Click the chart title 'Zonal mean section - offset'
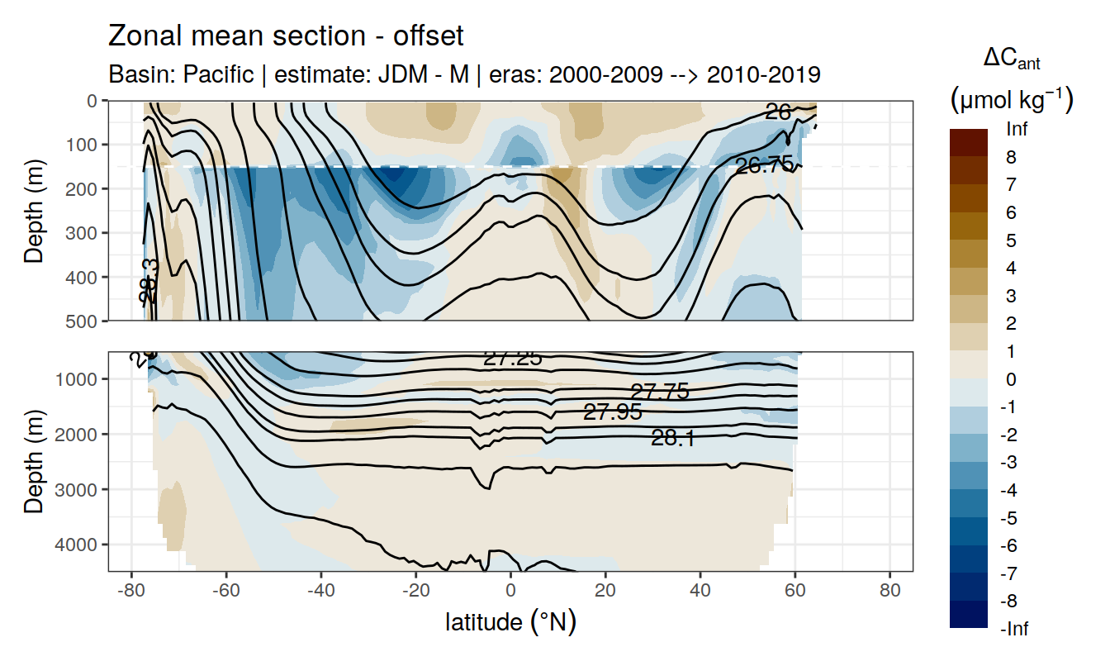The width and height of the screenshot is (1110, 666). [x=285, y=36]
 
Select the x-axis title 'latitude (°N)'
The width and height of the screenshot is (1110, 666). [x=510, y=621]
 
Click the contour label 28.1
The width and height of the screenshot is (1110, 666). [x=672, y=439]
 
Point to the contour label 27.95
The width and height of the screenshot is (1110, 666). [x=613, y=411]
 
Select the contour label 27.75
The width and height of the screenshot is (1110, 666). [x=660, y=392]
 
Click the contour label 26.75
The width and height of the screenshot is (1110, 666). [x=764, y=165]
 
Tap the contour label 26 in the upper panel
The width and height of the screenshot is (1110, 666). [x=778, y=112]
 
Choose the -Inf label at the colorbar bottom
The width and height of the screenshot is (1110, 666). [x=1015, y=629]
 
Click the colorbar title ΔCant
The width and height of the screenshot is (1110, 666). [x=1012, y=59]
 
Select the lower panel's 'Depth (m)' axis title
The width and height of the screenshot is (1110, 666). [x=34, y=461]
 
